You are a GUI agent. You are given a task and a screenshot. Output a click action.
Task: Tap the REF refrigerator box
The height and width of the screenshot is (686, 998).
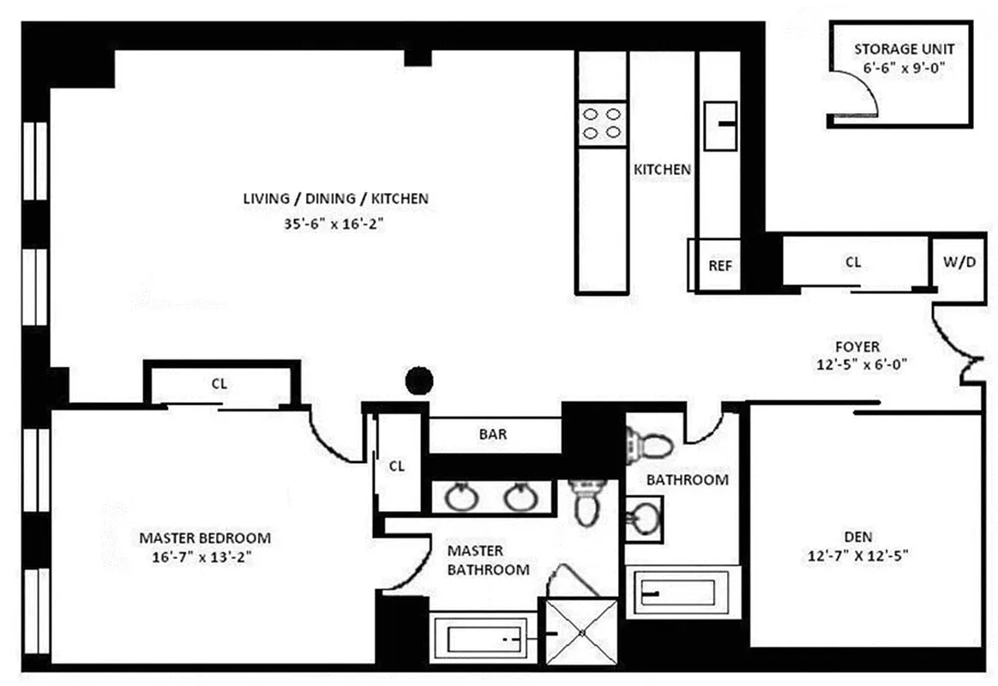719,265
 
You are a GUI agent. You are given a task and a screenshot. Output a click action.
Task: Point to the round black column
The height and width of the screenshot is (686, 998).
418,380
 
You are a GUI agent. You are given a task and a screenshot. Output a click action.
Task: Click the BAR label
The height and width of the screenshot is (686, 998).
492,434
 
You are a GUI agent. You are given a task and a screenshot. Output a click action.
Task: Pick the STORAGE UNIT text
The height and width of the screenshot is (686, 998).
904,50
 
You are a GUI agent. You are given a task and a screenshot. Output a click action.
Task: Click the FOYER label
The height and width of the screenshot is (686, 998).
857,346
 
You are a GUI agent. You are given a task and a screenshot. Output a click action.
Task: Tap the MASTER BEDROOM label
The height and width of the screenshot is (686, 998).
205,539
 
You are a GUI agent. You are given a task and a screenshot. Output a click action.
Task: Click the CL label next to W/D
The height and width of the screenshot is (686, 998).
852,262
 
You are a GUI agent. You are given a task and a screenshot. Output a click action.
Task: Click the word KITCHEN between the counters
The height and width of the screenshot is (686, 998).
662,170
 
